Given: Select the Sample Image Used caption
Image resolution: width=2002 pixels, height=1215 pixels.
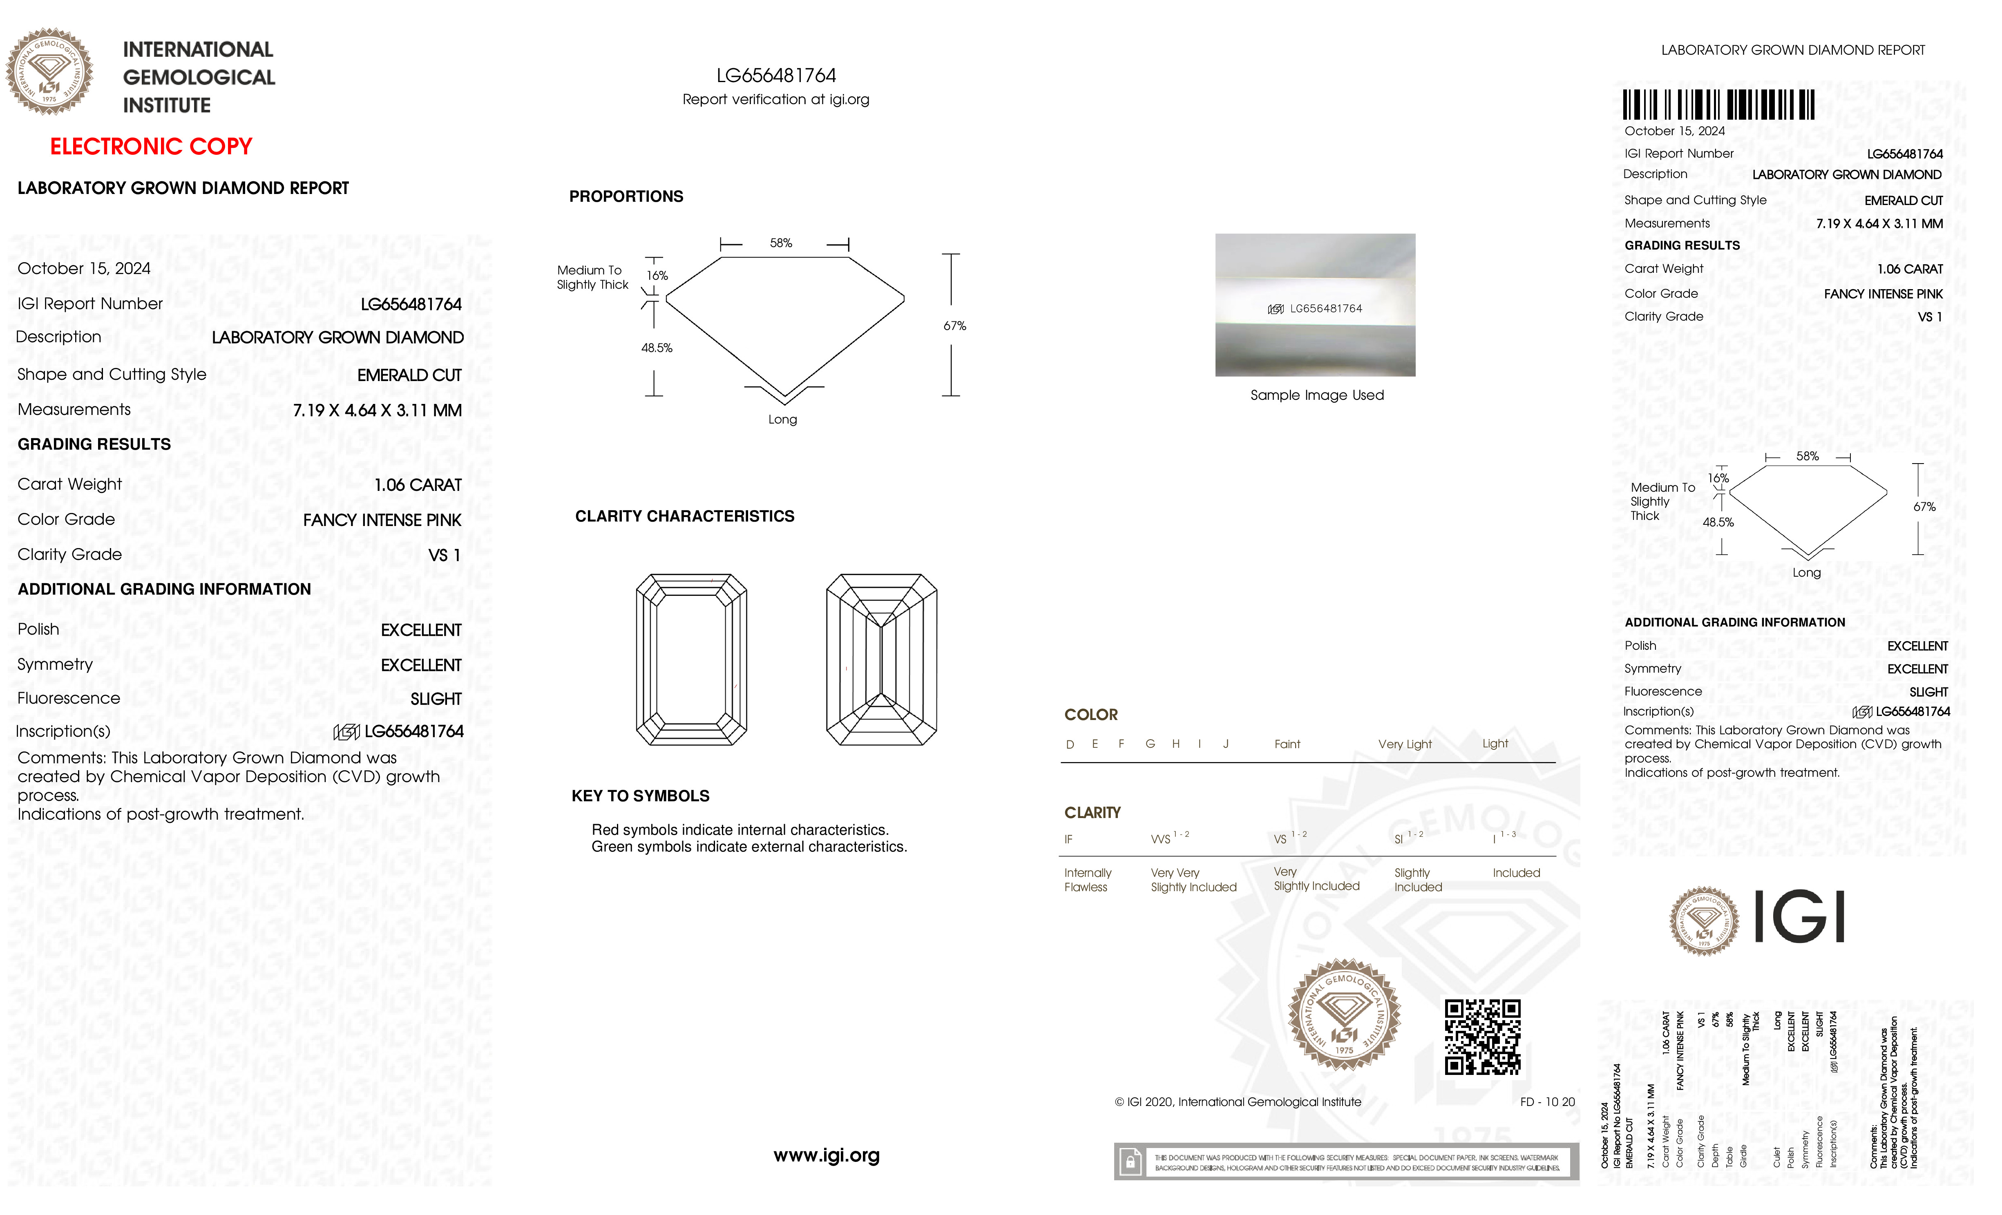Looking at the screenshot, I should (x=1316, y=395).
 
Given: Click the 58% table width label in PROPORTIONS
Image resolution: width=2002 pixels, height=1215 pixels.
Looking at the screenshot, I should (x=781, y=243).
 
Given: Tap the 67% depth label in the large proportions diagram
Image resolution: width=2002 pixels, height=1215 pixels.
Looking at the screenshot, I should (x=955, y=325).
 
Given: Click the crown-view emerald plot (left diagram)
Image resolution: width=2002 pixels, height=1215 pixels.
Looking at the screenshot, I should (x=691, y=660).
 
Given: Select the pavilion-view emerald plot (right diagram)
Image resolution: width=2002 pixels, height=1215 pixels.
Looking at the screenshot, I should (x=882, y=660).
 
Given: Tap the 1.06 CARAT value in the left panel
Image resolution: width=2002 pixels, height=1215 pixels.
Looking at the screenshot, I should (x=418, y=485).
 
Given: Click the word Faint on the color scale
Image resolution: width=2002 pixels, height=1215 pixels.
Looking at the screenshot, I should (x=1287, y=744).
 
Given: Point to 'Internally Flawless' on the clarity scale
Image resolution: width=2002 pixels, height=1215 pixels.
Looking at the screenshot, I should (x=1087, y=880).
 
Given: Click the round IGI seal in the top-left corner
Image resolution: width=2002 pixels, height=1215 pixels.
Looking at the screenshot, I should (x=49, y=71).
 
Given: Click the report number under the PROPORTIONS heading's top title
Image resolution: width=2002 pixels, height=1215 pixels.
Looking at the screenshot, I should (x=776, y=76).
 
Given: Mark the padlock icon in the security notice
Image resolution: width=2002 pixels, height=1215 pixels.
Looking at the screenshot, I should (x=1130, y=1162).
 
